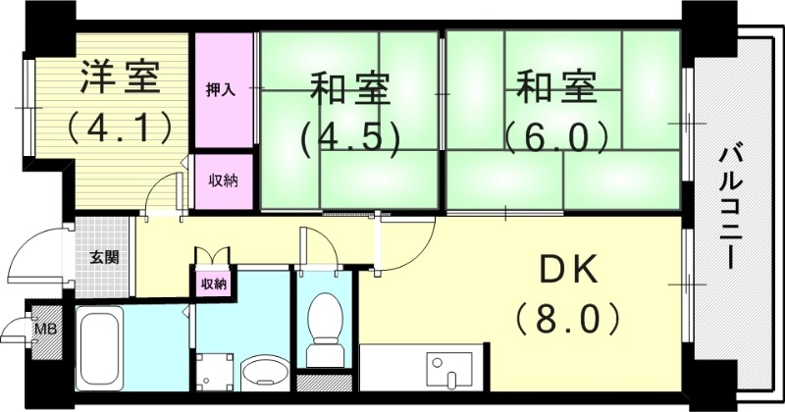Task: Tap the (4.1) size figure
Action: (120, 126)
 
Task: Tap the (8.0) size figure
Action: (564, 318)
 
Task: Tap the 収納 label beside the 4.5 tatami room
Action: (220, 180)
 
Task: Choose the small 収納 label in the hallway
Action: (214, 283)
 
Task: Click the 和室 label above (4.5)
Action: (350, 90)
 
